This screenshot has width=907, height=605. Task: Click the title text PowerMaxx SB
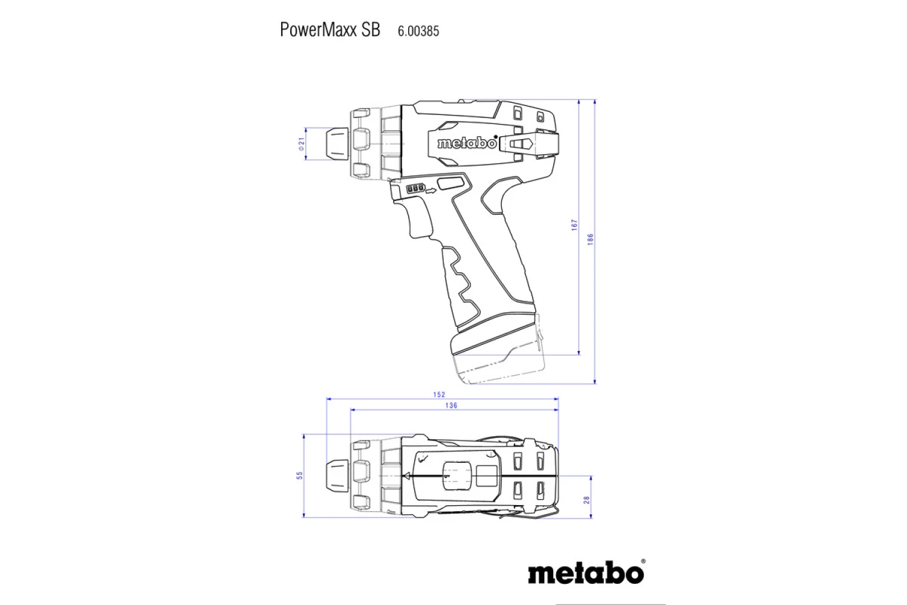330,30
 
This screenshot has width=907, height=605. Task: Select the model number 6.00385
418,31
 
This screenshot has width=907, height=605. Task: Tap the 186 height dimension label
591,239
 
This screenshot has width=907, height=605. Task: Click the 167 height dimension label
574,225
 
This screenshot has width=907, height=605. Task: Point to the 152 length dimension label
439,394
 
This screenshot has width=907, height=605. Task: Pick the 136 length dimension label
451,405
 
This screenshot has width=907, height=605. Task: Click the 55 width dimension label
299,476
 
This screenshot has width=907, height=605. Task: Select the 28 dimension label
587,500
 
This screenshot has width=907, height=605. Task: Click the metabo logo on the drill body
466,143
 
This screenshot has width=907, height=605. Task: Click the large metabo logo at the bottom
585,572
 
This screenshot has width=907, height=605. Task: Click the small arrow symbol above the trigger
431,191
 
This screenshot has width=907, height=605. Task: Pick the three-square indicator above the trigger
415,189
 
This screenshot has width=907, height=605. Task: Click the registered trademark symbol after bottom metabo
642,561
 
